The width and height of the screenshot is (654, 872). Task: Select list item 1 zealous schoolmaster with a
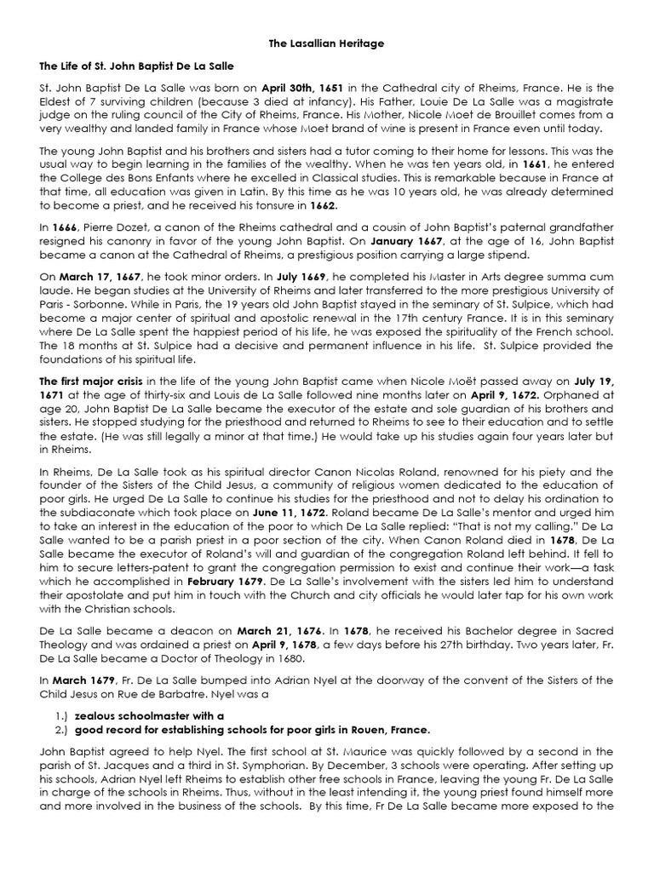click(x=150, y=716)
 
